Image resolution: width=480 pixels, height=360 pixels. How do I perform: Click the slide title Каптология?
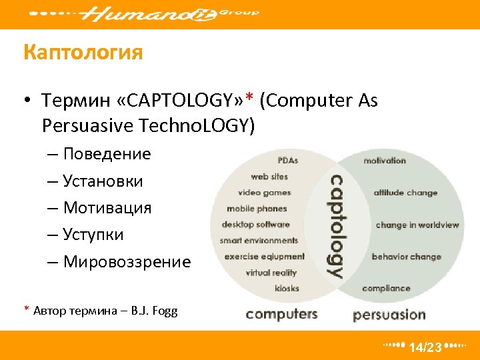point(83,52)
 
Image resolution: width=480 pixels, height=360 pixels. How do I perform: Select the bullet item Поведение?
point(107,154)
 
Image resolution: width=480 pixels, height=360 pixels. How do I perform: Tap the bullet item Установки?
point(103,181)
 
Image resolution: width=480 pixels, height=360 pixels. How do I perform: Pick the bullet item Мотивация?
point(107,208)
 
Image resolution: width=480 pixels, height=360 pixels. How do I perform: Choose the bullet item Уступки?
point(93,235)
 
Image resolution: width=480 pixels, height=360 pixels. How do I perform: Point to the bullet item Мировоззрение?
point(127,262)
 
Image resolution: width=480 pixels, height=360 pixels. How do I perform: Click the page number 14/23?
point(425,347)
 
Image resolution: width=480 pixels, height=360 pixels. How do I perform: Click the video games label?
point(265,193)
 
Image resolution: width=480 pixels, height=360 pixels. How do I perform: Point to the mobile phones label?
point(257,209)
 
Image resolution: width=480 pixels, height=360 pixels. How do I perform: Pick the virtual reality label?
point(271,273)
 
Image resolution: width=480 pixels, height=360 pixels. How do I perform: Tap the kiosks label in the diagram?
point(287,289)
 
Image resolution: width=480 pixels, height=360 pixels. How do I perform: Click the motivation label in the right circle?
point(385,161)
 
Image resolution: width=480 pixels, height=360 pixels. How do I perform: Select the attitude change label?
point(405,193)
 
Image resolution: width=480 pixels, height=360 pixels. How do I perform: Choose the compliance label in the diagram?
point(386,289)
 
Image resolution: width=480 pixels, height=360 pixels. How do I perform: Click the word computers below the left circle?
point(281,314)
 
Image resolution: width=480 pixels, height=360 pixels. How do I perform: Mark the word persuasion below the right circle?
point(389,315)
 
